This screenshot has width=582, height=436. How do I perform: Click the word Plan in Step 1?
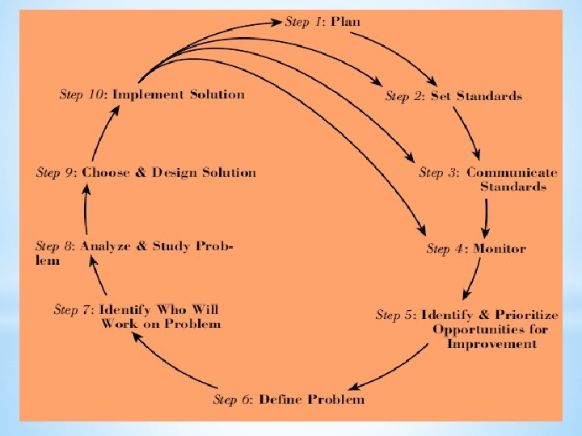(345, 22)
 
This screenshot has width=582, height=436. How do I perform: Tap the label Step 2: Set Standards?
(453, 96)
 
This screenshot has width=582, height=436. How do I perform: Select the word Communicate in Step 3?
(512, 172)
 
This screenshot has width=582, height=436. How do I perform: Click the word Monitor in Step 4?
(500, 248)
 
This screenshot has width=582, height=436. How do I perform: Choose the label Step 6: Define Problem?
(289, 399)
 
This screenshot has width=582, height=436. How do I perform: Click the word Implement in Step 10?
(149, 94)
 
